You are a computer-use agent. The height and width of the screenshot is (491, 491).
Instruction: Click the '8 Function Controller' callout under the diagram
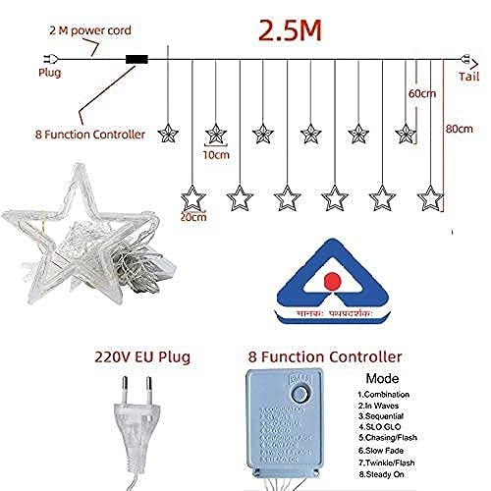(89, 133)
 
